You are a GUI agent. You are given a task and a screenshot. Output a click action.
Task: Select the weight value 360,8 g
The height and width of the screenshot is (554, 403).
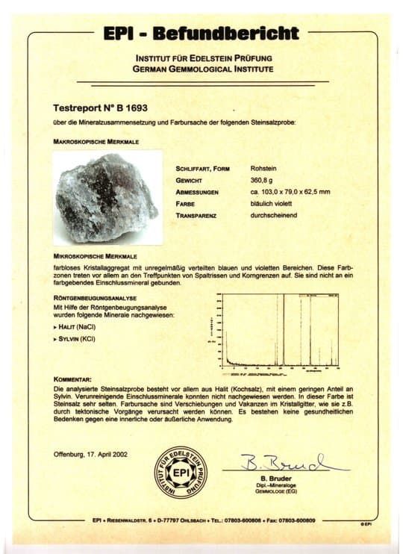262,180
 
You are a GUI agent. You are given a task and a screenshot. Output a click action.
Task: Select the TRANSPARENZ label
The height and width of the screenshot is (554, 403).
200,215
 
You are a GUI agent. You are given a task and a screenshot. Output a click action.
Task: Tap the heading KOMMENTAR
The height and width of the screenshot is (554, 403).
73,379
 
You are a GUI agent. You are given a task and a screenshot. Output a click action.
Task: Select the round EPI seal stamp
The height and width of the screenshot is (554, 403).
181,473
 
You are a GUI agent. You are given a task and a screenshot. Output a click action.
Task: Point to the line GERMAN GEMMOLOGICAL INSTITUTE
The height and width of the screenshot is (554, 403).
204,69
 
